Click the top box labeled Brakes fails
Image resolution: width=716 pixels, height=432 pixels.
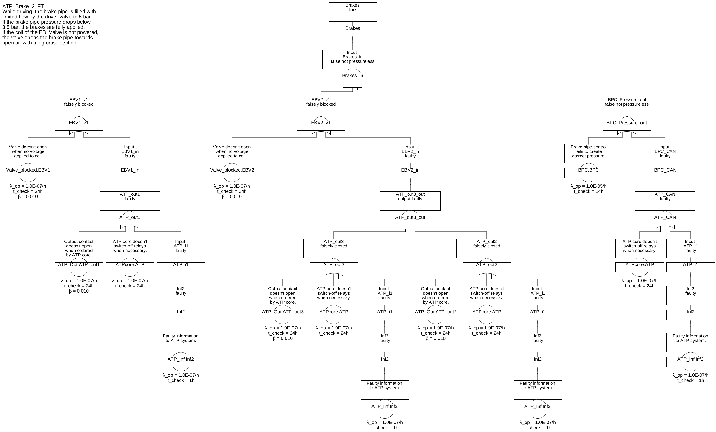(x=353, y=12)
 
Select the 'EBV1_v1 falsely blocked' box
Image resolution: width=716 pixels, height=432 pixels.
(x=79, y=106)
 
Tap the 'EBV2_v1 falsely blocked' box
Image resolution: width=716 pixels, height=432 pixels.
(x=321, y=106)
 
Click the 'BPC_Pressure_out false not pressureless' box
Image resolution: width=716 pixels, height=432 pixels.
(x=627, y=106)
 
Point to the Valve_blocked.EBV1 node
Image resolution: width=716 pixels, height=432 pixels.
(x=28, y=173)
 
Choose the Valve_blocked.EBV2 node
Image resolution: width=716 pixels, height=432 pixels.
(x=232, y=173)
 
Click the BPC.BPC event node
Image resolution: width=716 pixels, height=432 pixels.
(x=588, y=173)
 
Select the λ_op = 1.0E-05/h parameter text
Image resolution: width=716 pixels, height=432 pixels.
(x=588, y=186)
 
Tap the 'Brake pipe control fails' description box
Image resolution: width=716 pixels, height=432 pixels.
(x=588, y=153)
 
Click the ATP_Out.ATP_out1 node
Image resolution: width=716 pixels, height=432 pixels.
(x=79, y=267)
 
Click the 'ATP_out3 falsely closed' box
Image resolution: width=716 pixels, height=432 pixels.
(x=334, y=248)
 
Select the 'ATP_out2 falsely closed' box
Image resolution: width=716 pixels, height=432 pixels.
(x=486, y=248)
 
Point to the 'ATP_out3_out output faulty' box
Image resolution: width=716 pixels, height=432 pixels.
(x=410, y=201)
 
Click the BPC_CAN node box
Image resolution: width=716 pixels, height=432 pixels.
(x=665, y=173)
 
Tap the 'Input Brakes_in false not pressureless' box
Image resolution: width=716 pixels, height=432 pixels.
(x=353, y=59)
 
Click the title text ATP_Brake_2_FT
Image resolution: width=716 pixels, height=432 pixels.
(x=23, y=6)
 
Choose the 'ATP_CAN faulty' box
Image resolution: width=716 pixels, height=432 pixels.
(x=665, y=201)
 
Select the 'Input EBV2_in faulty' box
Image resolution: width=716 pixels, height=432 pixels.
(x=410, y=153)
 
